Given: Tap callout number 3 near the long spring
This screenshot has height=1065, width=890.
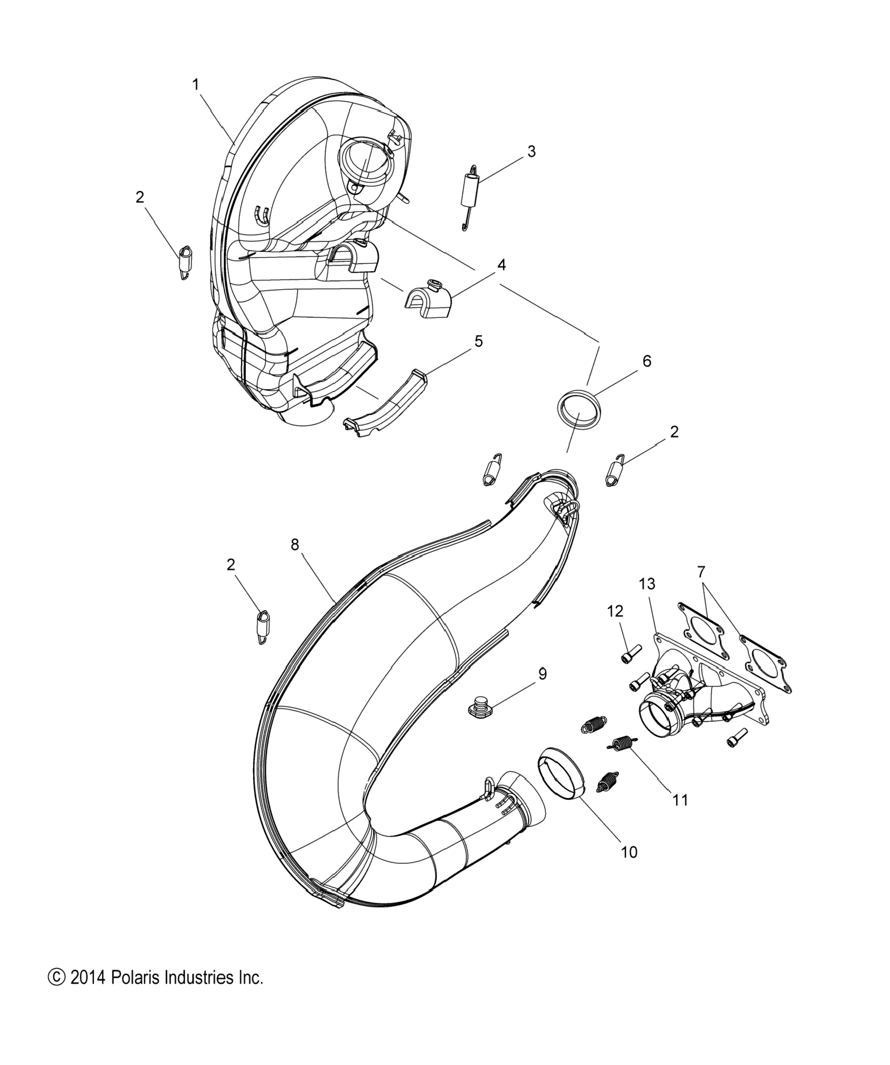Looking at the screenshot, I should pyautogui.click(x=531, y=151).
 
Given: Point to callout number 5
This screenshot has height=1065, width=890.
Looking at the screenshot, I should pyautogui.click(x=478, y=341).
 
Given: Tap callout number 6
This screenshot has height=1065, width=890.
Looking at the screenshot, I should pyautogui.click(x=646, y=361).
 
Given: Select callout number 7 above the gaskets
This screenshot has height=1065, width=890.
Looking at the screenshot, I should pyautogui.click(x=701, y=572).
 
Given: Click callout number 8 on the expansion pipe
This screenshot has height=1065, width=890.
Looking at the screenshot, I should pyautogui.click(x=295, y=545).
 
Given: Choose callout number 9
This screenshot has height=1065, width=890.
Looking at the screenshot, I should pyautogui.click(x=542, y=674).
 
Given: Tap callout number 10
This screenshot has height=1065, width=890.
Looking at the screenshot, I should pyautogui.click(x=629, y=852).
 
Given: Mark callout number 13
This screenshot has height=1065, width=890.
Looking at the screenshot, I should pyautogui.click(x=647, y=584).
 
